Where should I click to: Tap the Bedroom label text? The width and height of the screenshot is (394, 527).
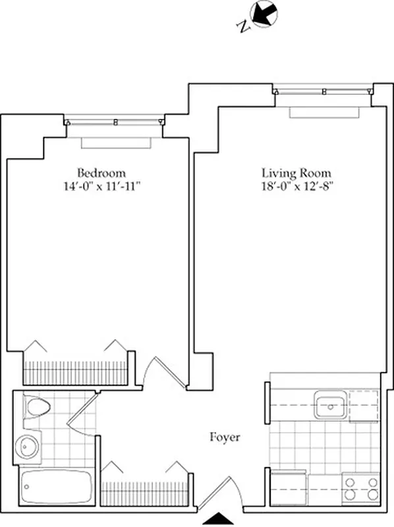tap(99, 175)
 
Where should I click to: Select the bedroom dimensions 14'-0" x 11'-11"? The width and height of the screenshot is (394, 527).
tap(99, 186)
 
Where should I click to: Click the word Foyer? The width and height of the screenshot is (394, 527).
tap(225, 437)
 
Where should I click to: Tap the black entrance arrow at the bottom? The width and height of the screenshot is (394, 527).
tap(221, 518)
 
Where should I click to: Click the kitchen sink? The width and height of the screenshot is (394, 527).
tap(329, 405)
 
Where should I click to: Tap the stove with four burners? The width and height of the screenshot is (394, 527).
tap(361, 487)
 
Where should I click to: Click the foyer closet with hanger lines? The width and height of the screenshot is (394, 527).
tap(143, 491)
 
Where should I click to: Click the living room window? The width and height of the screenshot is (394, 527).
tap(323, 92)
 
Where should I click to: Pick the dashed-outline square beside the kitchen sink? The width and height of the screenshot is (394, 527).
tap(364, 405)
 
